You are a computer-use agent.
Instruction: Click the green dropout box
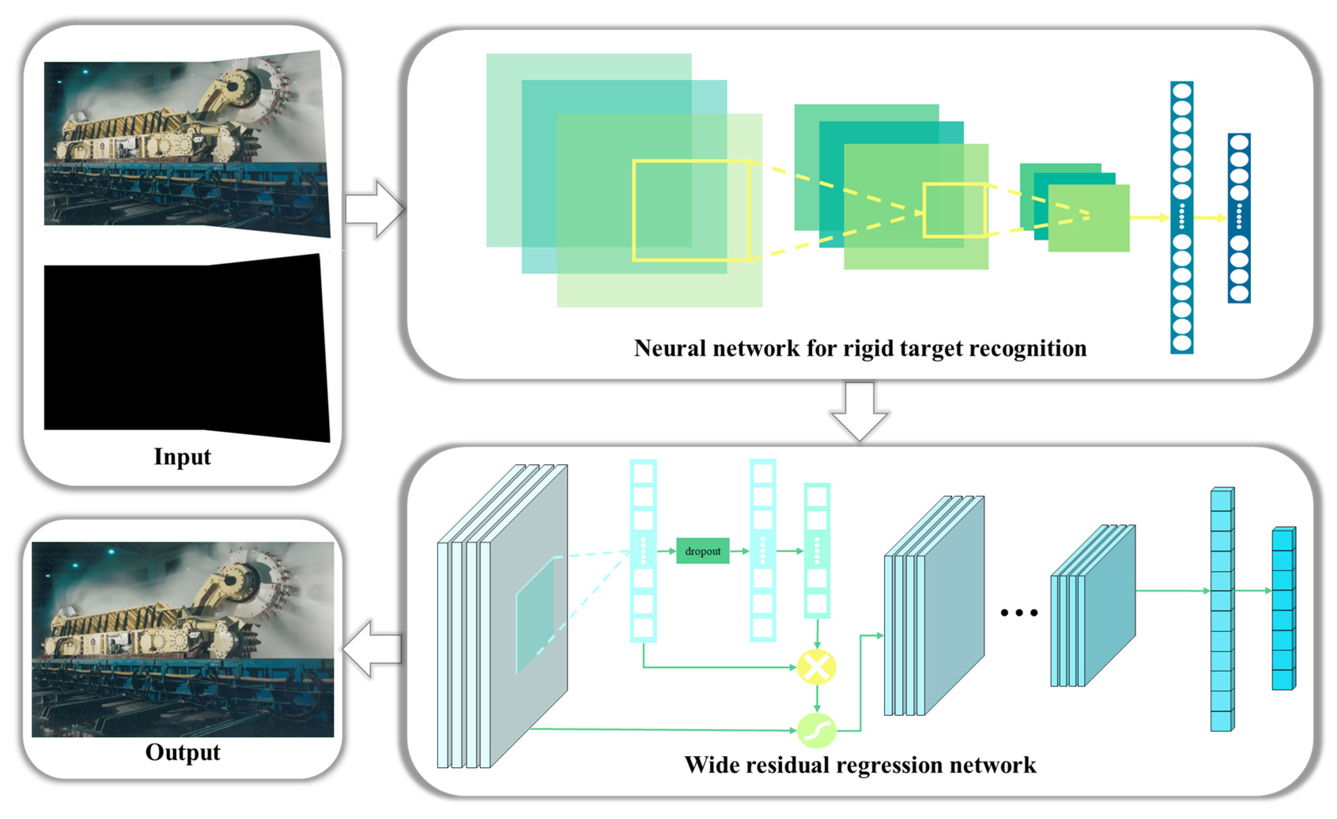702,551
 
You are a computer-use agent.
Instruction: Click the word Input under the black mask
182,457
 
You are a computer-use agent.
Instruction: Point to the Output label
183,752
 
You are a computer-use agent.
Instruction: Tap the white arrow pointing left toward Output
372,649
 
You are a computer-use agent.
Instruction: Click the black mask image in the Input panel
185,347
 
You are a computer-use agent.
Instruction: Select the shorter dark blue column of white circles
1239,218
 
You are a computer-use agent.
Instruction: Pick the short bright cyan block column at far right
1283,608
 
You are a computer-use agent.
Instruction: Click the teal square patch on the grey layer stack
535,616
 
